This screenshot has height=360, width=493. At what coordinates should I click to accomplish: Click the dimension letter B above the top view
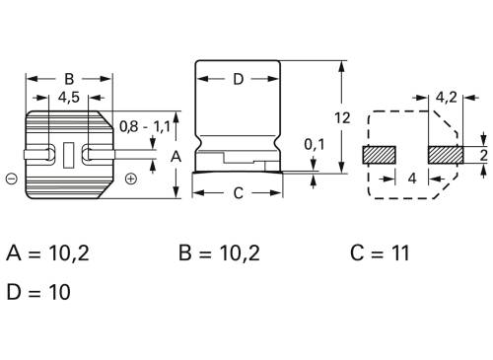click(68, 80)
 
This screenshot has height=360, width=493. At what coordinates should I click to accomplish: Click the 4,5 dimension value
click(69, 98)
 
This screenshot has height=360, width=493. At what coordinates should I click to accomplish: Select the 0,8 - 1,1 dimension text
click(144, 127)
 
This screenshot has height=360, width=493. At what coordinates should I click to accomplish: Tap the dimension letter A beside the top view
click(176, 156)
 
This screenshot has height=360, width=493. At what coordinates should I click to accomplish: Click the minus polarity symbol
click(10, 179)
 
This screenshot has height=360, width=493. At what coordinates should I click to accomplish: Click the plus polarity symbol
click(131, 179)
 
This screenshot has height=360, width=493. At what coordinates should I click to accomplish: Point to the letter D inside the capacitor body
click(238, 80)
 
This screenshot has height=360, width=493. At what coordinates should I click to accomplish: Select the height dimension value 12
click(342, 117)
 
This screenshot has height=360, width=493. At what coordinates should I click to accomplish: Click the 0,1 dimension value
click(314, 146)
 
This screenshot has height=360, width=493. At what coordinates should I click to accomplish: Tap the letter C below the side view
click(238, 193)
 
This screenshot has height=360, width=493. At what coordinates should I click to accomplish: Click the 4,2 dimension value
click(446, 98)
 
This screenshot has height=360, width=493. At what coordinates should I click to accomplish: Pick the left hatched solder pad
click(379, 155)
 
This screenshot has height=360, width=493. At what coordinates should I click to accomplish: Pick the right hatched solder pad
click(446, 155)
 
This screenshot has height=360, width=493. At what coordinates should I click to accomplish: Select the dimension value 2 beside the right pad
click(483, 156)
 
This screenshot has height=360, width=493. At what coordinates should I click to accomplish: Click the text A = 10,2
click(47, 253)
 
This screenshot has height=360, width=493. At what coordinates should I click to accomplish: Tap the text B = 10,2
click(219, 253)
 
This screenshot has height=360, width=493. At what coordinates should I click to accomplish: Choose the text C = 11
click(380, 253)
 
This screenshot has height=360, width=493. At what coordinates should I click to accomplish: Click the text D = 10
click(38, 292)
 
